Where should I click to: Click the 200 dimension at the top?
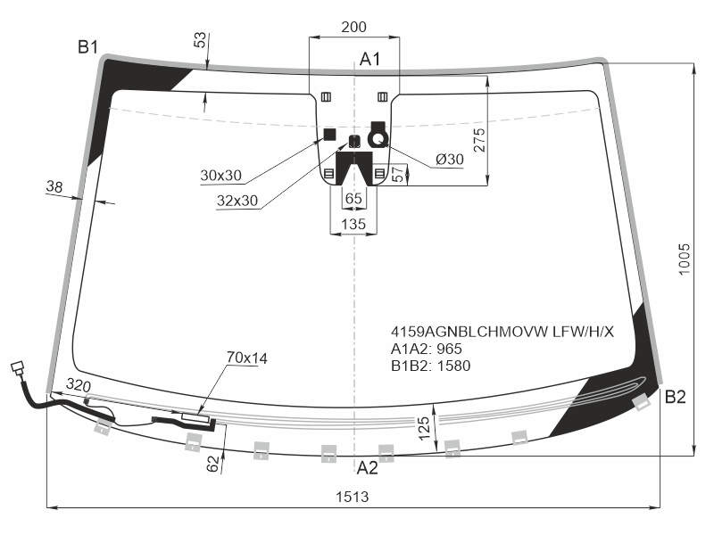pos(353,28)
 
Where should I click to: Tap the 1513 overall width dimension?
pos(352,497)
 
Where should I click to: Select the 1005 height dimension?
pos(685,259)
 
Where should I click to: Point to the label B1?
pos(87,47)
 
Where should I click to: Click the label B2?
pos(676,397)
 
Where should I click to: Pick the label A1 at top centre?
pos(369,59)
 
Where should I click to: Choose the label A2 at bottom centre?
pos(367,467)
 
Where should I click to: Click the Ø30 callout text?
pos(450,160)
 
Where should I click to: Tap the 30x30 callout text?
pos(220,175)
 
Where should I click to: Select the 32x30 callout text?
pos(237,201)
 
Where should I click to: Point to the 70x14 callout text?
pos(247,358)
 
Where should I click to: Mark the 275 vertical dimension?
pos(479,140)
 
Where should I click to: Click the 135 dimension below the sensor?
pos(353,224)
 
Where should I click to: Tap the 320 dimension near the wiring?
pos(79,386)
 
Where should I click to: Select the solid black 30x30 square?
pos(329,136)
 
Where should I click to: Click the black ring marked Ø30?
pos(378,139)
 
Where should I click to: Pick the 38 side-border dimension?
pos(54,187)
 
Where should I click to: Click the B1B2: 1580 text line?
pos(431,366)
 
